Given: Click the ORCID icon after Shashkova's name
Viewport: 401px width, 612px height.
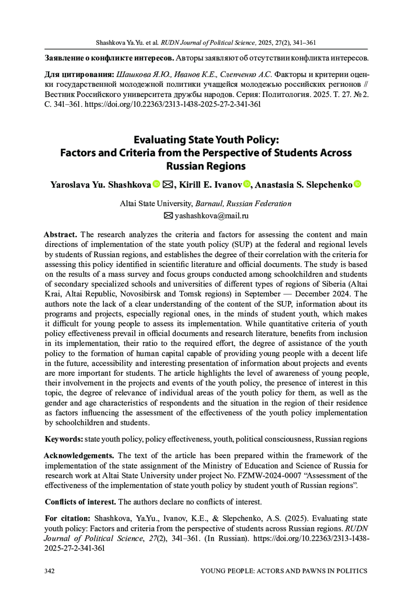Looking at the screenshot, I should click(x=156, y=184).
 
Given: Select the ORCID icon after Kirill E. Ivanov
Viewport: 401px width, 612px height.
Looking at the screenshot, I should click(x=247, y=184).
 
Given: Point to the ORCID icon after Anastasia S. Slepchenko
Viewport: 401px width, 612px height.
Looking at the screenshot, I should click(x=357, y=184).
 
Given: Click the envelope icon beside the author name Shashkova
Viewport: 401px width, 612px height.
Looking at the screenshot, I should click(x=167, y=184).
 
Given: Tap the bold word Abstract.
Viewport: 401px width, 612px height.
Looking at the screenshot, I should click(x=61, y=235).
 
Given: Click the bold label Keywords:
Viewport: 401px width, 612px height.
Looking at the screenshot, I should click(x=64, y=439).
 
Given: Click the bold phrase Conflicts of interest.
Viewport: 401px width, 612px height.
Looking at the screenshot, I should click(x=81, y=502).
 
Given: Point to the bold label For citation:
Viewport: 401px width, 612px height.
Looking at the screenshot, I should click(x=68, y=519).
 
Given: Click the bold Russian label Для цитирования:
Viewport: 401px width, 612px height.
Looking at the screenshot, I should click(x=80, y=74).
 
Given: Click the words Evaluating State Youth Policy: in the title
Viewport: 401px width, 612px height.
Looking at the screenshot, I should click(x=206, y=140).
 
